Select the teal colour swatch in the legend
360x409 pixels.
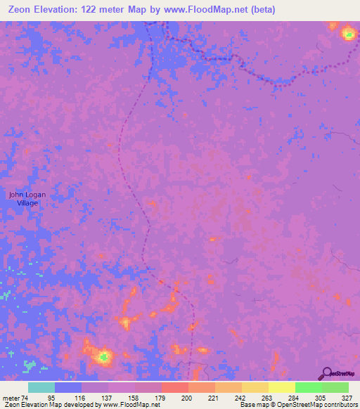click(x=41, y=387)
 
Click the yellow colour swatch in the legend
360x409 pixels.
click(x=282, y=387)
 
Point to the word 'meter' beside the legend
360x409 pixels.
click(x=10, y=398)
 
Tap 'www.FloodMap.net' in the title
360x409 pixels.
click(x=210, y=10)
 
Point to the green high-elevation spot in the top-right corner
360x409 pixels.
click(x=348, y=33)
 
